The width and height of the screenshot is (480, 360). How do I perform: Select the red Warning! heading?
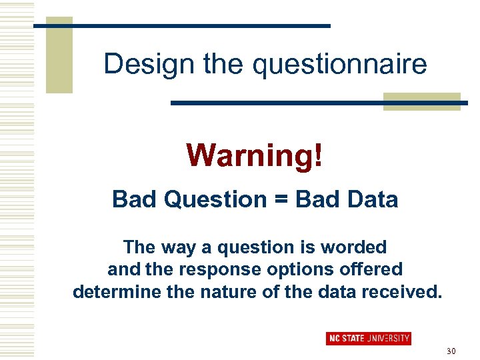click(x=255, y=155)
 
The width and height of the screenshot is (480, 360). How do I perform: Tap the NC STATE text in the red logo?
click(x=346, y=338)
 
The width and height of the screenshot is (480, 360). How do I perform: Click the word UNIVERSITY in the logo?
click(x=388, y=338)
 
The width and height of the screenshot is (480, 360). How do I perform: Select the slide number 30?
click(x=451, y=351)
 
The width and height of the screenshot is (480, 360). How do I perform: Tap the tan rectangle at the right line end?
click(x=422, y=101)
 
